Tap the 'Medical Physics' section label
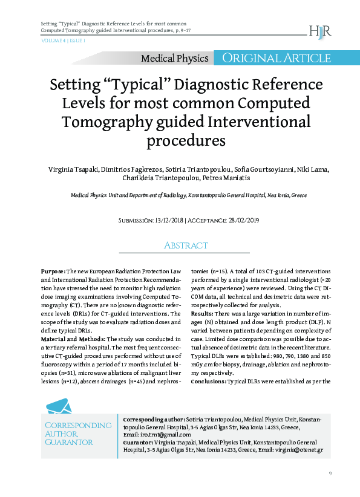pos(174,59)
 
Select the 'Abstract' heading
pos(186,245)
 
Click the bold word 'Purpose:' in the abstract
pos(53,273)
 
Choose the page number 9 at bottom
pos(330,473)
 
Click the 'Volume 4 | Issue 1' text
pos(63,41)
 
